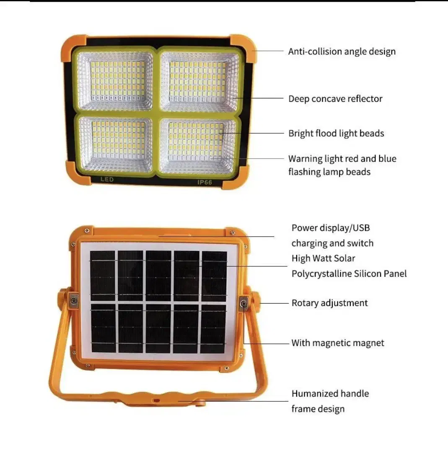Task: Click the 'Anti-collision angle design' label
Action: (x=342, y=52)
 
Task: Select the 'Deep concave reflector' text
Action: (x=335, y=99)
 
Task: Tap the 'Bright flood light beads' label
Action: (x=336, y=133)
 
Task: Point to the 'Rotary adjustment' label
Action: (x=329, y=303)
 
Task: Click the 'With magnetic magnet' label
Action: (x=338, y=343)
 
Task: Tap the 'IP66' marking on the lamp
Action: (x=205, y=182)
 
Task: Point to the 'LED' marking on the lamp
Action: (x=107, y=180)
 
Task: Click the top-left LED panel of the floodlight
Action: (x=115, y=80)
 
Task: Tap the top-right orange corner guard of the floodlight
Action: (x=243, y=48)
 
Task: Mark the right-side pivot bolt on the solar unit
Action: (x=243, y=303)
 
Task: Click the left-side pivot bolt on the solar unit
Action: (x=74, y=301)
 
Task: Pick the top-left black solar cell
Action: (x=102, y=276)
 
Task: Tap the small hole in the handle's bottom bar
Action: (x=156, y=400)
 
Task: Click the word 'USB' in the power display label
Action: (x=361, y=228)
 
